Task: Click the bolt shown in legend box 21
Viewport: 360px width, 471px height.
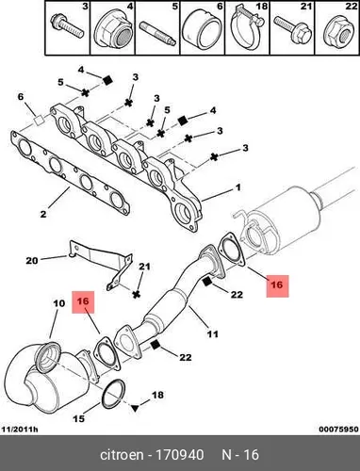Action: point(292,29)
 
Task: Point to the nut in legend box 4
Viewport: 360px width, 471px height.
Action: point(115,29)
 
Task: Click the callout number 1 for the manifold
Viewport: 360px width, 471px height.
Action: point(238,187)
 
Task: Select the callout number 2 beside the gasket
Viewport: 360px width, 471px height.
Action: point(43,214)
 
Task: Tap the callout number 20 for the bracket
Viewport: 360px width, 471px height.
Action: point(32,260)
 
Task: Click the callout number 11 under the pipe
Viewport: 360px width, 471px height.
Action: point(213,333)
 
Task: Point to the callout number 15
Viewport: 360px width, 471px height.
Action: point(79,418)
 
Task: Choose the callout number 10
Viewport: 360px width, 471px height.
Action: point(59,303)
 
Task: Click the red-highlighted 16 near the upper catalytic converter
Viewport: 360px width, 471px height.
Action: point(277,285)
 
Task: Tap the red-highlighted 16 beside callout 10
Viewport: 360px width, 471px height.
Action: point(83,301)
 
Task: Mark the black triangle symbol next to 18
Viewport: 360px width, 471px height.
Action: point(135,408)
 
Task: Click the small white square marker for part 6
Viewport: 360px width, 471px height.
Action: point(39,120)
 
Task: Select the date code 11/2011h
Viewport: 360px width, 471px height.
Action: point(20,430)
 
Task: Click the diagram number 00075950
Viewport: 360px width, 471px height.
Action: point(338,430)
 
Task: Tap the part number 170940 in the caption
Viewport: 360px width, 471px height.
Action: point(180,455)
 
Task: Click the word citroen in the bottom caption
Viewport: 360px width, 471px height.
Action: point(122,455)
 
